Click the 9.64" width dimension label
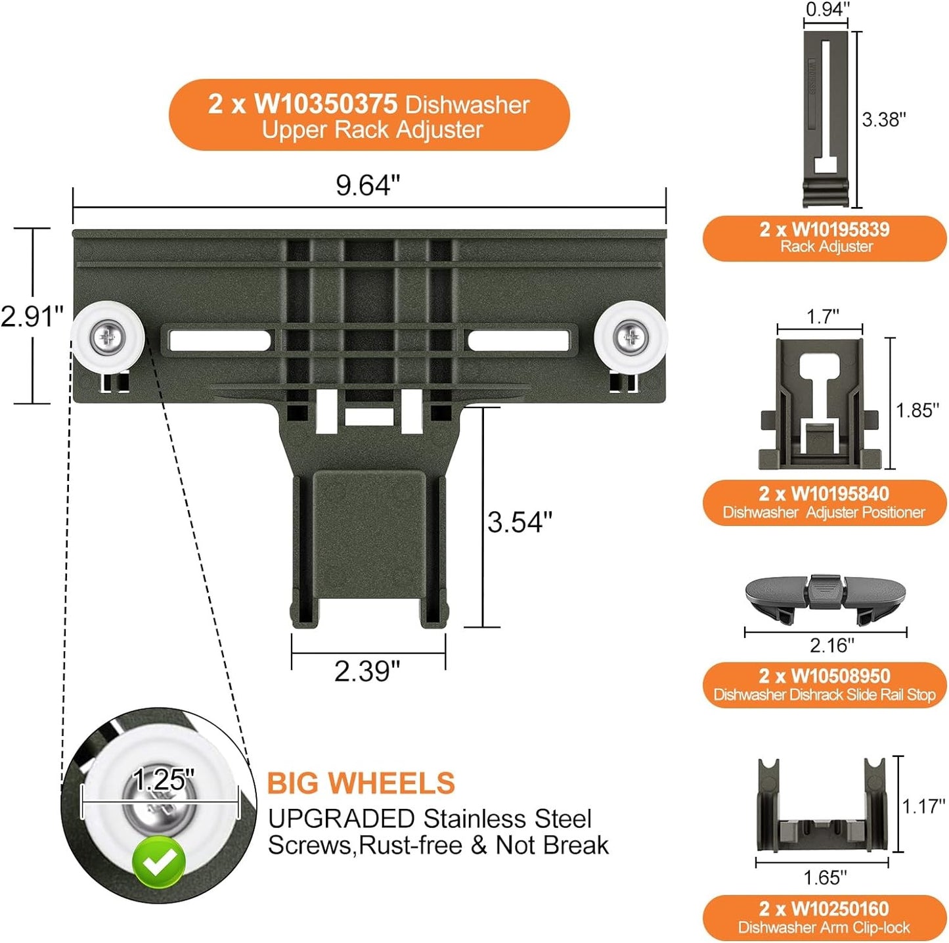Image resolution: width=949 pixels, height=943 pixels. [x=367, y=185]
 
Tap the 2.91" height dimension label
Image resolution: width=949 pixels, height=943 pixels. [x=32, y=317]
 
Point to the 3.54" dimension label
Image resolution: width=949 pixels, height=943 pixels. [x=519, y=522]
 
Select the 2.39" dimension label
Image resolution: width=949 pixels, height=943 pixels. [x=366, y=672]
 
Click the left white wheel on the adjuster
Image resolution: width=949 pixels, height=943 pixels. [x=108, y=338]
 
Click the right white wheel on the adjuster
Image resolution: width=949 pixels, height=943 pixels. [x=630, y=337]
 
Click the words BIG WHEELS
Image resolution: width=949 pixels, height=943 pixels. [x=361, y=783]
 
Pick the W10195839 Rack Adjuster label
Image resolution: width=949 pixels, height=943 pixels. [x=824, y=238]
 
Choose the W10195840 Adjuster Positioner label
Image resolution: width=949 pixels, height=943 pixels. [x=824, y=503]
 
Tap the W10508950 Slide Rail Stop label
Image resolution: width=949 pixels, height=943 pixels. [x=824, y=685]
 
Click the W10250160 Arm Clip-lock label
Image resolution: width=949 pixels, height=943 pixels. [x=824, y=917]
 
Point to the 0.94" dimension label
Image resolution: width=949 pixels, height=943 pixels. [x=828, y=9]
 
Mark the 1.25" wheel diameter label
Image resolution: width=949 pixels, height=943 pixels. [x=164, y=781]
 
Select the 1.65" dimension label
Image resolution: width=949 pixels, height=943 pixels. [x=825, y=877]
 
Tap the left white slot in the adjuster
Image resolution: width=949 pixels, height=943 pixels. [x=219, y=340]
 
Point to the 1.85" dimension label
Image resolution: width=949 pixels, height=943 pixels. [x=917, y=410]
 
